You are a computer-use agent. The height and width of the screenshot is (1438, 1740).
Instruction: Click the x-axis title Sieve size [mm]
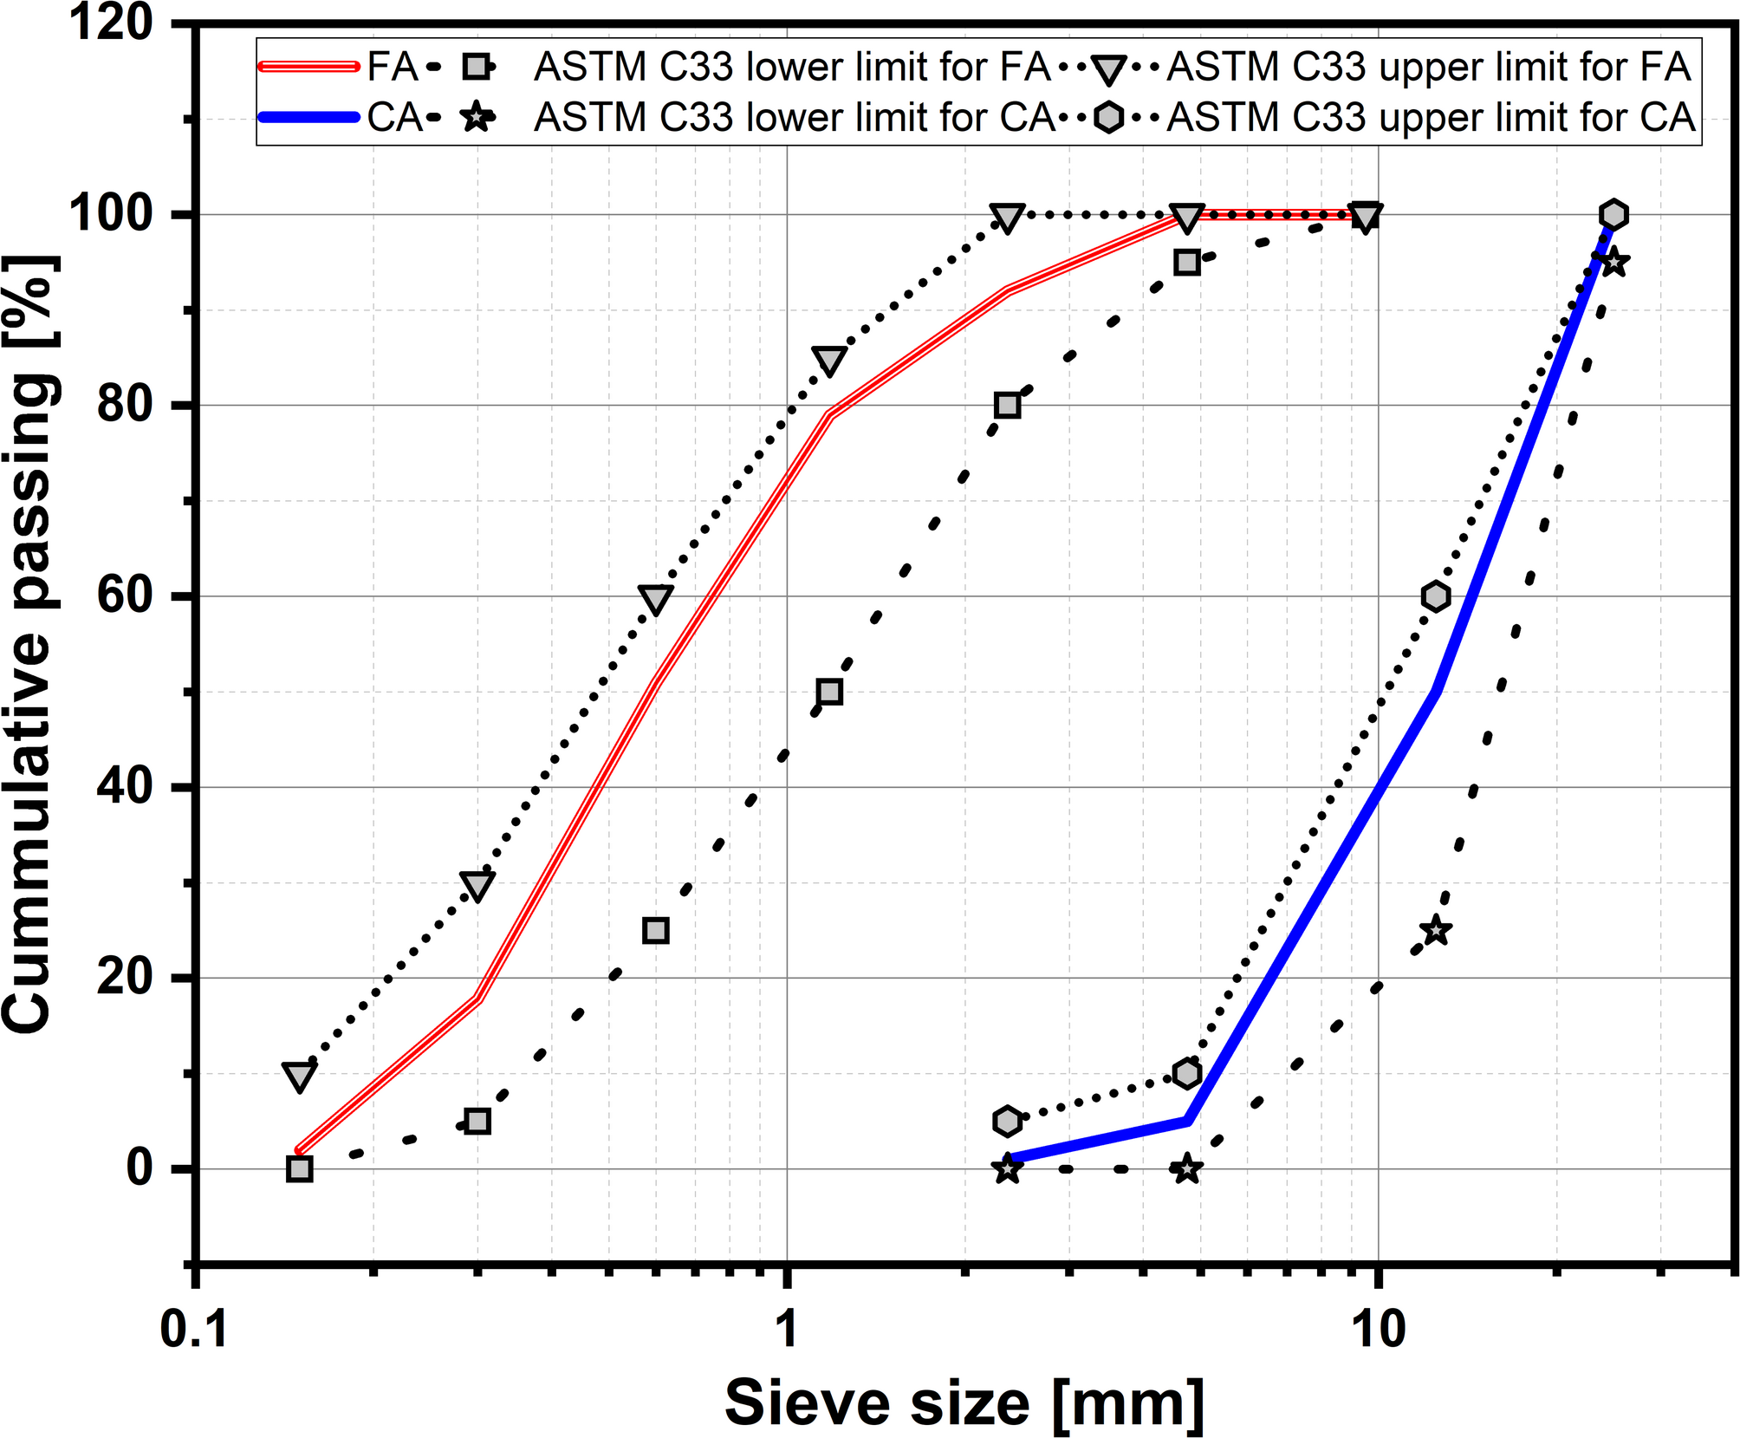click(x=964, y=1402)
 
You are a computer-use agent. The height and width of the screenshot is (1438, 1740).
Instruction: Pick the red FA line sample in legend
click(x=308, y=67)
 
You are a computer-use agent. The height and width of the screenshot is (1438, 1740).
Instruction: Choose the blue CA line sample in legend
click(x=308, y=117)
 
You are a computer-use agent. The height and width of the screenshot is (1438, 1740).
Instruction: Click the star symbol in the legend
click(x=477, y=117)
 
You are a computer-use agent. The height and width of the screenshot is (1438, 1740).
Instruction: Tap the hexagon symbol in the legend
click(x=1108, y=117)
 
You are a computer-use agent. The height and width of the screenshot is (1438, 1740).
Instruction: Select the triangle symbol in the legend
click(x=1108, y=68)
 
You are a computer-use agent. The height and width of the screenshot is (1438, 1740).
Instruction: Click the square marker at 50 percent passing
click(x=829, y=692)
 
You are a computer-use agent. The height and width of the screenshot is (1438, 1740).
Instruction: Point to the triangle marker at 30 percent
click(x=477, y=885)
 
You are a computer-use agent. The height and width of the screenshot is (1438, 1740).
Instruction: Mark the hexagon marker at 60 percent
click(x=1436, y=596)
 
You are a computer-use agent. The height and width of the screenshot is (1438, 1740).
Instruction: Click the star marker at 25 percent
click(x=1436, y=930)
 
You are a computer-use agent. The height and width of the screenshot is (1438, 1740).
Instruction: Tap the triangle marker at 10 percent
click(x=299, y=1076)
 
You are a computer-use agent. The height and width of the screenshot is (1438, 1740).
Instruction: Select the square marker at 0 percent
click(x=299, y=1168)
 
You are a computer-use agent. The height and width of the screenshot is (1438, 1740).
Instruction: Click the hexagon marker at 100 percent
click(x=1613, y=214)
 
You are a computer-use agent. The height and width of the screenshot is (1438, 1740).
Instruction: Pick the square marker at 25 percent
click(x=656, y=930)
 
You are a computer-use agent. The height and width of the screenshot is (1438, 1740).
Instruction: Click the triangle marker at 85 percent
click(x=829, y=360)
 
